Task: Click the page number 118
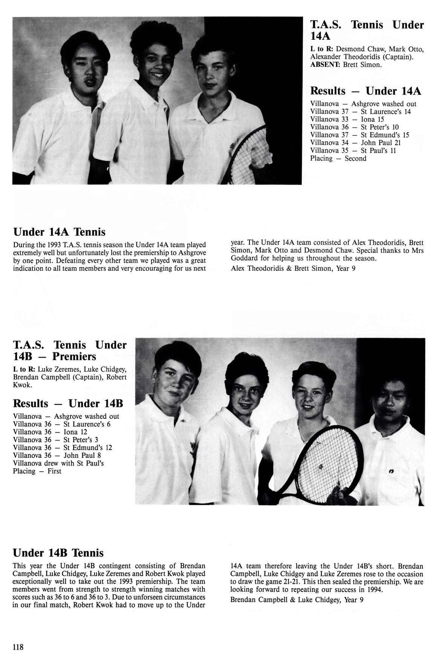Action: point(18,647)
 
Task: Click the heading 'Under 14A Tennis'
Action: point(59,231)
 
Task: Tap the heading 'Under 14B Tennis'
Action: point(58,553)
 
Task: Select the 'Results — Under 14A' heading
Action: point(365,91)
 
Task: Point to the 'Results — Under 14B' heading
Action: point(68,404)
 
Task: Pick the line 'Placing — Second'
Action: point(338,159)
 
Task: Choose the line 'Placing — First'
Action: point(37,471)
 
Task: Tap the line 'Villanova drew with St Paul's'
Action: point(58,463)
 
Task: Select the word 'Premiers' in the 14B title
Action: point(74,357)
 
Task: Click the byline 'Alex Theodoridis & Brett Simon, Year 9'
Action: point(293,268)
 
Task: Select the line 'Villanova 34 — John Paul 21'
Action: point(355,143)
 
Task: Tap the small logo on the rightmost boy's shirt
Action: point(387,471)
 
